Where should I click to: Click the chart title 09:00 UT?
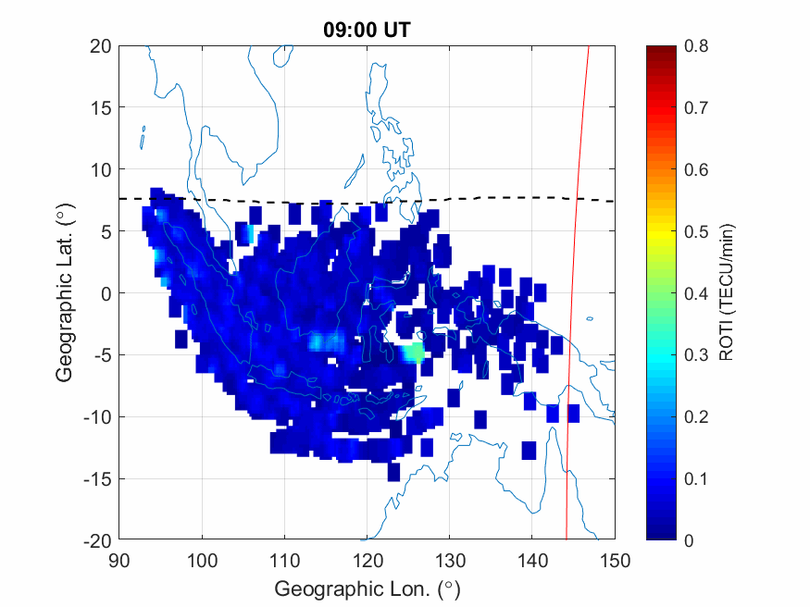pyautogui.click(x=367, y=30)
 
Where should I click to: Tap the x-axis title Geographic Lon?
pyautogui.click(x=367, y=588)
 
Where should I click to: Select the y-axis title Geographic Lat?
pyautogui.click(x=64, y=293)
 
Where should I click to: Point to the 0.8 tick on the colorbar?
pyautogui.click(x=695, y=46)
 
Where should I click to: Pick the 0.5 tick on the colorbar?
pyautogui.click(x=695, y=231)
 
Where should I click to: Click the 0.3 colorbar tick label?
pyautogui.click(x=695, y=355)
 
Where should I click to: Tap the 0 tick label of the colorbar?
pyautogui.click(x=689, y=540)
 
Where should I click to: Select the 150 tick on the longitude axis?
pyautogui.click(x=615, y=560)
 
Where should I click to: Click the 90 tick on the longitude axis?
pyautogui.click(x=118, y=560)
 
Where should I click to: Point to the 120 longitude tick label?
pyautogui.click(x=367, y=560)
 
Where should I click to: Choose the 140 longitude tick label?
pyautogui.click(x=532, y=560)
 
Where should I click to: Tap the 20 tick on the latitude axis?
pyautogui.click(x=101, y=46)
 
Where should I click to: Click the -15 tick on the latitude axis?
pyautogui.click(x=96, y=478)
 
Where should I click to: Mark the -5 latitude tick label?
pyautogui.click(x=100, y=355)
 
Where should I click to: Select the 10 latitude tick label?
pyautogui.click(x=101, y=170)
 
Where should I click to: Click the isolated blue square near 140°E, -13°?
pyautogui.click(x=529, y=451)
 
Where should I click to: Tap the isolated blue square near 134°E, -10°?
pyautogui.click(x=480, y=419)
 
